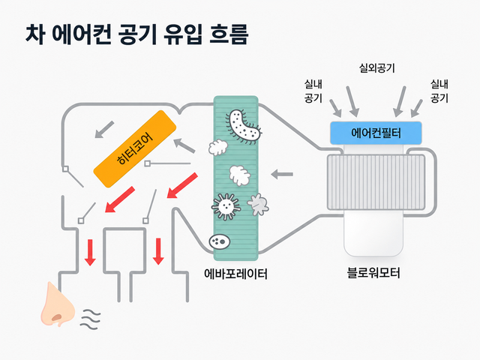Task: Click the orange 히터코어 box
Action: pyautogui.click(x=135, y=148)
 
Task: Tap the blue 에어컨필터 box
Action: pyautogui.click(x=376, y=133)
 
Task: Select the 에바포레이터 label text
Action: pyautogui.click(x=235, y=274)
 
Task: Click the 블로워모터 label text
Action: pyautogui.click(x=373, y=272)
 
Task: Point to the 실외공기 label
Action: pyautogui.click(x=376, y=68)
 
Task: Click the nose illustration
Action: pyautogui.click(x=57, y=304)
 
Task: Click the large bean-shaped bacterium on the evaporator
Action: pyautogui.click(x=244, y=127)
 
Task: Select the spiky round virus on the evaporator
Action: pyautogui.click(x=226, y=206)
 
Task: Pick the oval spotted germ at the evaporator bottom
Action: pyautogui.click(x=220, y=241)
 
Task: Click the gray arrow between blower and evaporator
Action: pyautogui.click(x=282, y=174)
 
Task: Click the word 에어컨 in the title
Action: pyautogui.click(x=82, y=34)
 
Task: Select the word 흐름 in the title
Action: pyautogui.click(x=228, y=34)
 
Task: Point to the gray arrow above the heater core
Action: pyautogui.click(x=104, y=130)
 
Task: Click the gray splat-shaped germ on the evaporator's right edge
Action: pyautogui.click(x=258, y=205)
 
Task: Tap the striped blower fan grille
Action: pyautogui.click(x=376, y=182)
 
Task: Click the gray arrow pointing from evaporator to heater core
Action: pyautogui.click(x=184, y=145)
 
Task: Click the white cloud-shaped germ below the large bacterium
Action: pyautogui.click(x=218, y=148)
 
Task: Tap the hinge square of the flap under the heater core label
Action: pyautogui.click(x=147, y=163)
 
